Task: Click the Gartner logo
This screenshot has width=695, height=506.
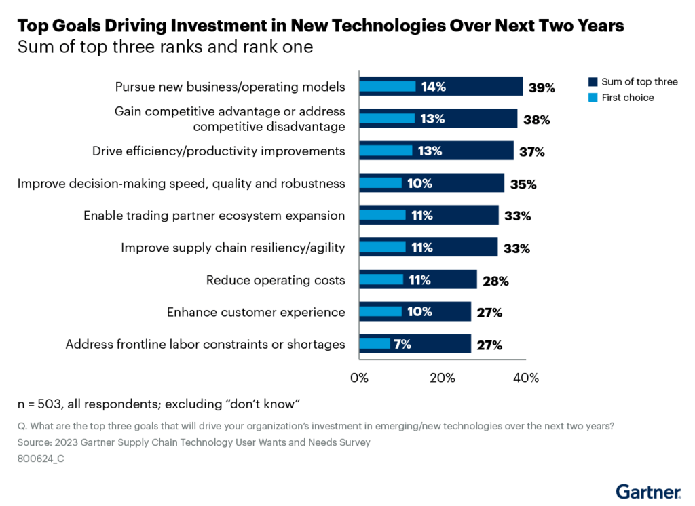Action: (648, 490)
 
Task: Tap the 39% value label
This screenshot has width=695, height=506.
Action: (542, 87)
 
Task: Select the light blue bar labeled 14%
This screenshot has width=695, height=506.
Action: (387, 86)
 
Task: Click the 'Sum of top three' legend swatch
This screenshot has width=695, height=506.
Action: (592, 82)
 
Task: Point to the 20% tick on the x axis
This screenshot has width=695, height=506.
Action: (442, 378)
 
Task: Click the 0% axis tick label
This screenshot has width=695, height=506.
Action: (358, 378)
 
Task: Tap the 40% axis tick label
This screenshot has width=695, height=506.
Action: (525, 378)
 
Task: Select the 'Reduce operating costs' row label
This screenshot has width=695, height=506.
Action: (276, 280)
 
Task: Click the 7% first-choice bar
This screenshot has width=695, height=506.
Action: (374, 344)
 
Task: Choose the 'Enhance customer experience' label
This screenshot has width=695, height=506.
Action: (256, 312)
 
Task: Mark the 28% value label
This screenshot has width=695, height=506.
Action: (495, 281)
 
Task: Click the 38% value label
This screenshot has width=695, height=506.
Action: (536, 120)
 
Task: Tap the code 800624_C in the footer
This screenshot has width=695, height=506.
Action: (41, 459)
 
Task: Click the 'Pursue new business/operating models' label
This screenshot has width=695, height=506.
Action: (230, 87)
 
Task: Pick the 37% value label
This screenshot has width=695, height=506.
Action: (531, 152)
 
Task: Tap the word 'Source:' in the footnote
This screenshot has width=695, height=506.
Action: (35, 442)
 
